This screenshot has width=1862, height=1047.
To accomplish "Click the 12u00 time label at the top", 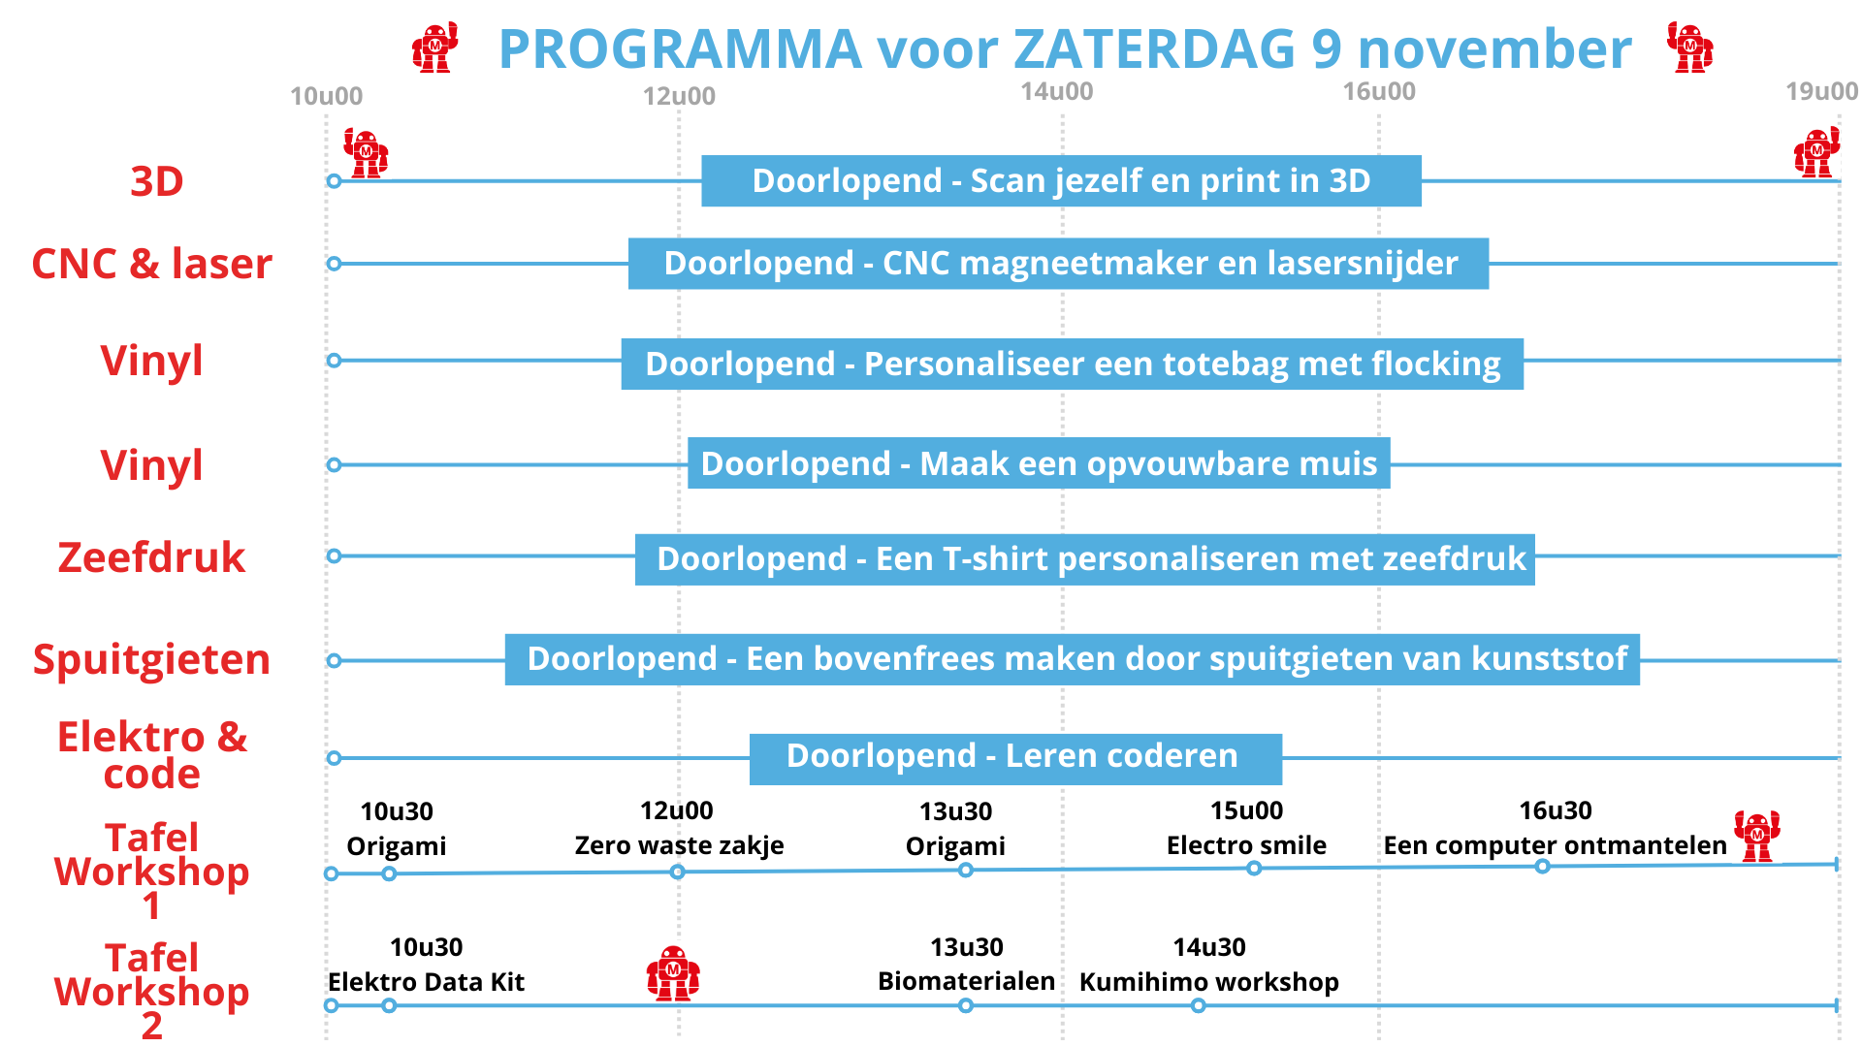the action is (x=679, y=96).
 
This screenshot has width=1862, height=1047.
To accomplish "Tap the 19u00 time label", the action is (x=1821, y=91).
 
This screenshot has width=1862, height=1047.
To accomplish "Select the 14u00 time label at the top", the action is (x=1056, y=91).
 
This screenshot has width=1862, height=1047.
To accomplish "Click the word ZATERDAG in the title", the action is (x=1154, y=48).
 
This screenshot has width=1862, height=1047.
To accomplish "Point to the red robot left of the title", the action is (x=434, y=48).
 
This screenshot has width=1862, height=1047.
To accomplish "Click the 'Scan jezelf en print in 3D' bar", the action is (x=1061, y=180).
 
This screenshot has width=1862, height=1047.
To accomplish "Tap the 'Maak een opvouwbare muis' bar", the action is (x=1039, y=462).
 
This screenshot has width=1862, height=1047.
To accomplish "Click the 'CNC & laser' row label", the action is (x=152, y=264).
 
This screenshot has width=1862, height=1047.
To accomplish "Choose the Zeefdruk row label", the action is (x=151, y=557).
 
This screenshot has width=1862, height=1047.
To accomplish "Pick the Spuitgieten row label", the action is (x=151, y=660).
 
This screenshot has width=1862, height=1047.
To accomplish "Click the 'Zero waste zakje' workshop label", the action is (x=679, y=845).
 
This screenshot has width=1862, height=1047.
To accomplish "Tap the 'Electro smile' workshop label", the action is (x=1246, y=845).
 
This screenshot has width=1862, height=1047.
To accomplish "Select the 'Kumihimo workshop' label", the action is (x=1209, y=982).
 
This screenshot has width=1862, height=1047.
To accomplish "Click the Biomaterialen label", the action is (x=966, y=981).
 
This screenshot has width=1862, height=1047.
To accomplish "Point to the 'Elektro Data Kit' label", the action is (x=426, y=982).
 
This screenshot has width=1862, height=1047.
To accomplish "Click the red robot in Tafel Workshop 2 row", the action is (x=673, y=973).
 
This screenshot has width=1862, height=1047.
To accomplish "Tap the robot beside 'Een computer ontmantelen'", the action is (x=1757, y=836).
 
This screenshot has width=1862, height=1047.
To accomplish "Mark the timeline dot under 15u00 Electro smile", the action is (x=1254, y=868).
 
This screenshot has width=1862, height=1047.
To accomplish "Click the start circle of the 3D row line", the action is (x=334, y=181).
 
